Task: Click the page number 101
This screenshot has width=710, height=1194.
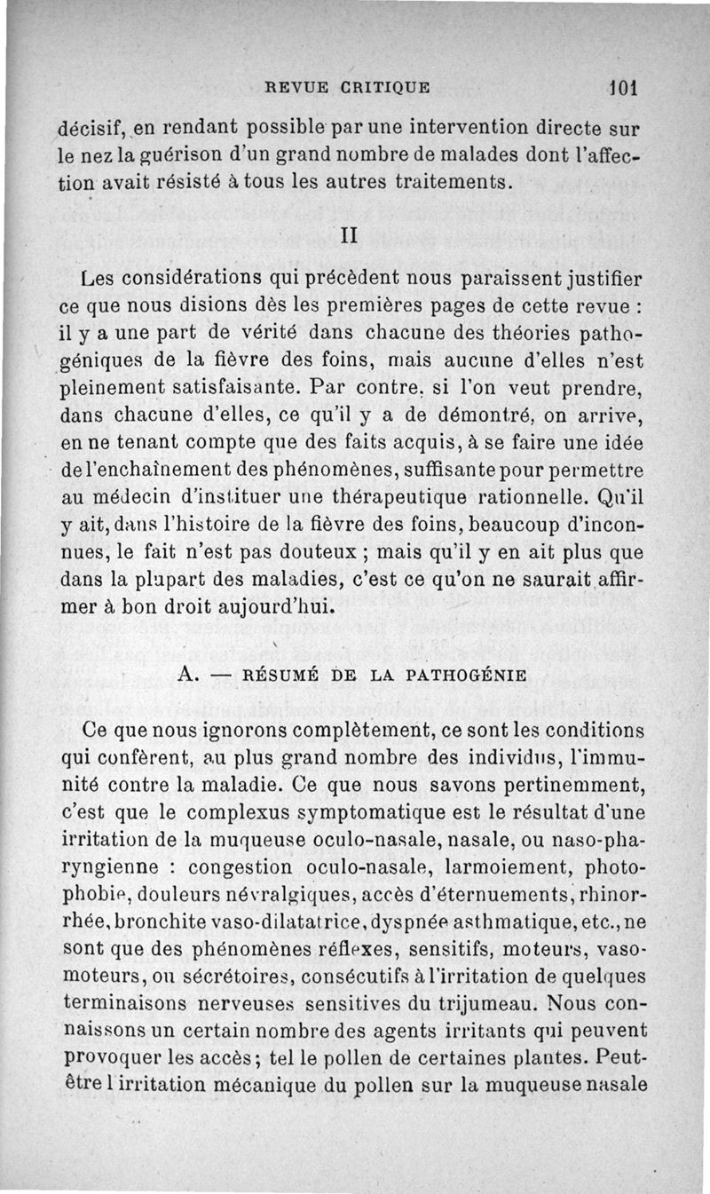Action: tap(625, 88)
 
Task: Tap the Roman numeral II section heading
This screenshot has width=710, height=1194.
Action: tap(348, 237)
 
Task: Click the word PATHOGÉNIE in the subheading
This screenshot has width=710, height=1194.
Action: tap(473, 676)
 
